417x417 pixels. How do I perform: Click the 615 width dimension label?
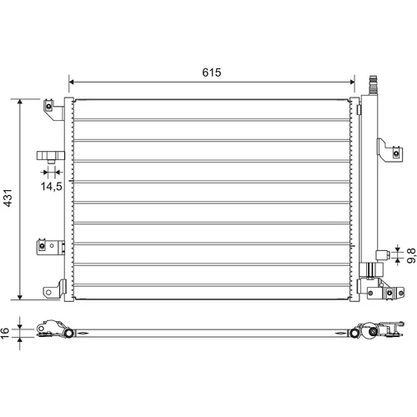[212, 73]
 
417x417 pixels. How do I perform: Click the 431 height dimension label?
[8, 198]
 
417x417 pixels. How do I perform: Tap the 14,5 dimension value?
[52, 187]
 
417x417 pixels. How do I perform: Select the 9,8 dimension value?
[411, 255]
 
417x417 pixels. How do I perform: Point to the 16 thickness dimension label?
[5, 333]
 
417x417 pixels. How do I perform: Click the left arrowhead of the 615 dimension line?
[72, 82]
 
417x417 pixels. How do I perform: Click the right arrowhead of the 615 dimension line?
[352, 82]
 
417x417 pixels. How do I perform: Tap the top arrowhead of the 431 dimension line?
[20, 102]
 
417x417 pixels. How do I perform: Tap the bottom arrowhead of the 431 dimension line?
[20, 297]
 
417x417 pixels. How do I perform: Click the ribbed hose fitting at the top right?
[373, 85]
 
